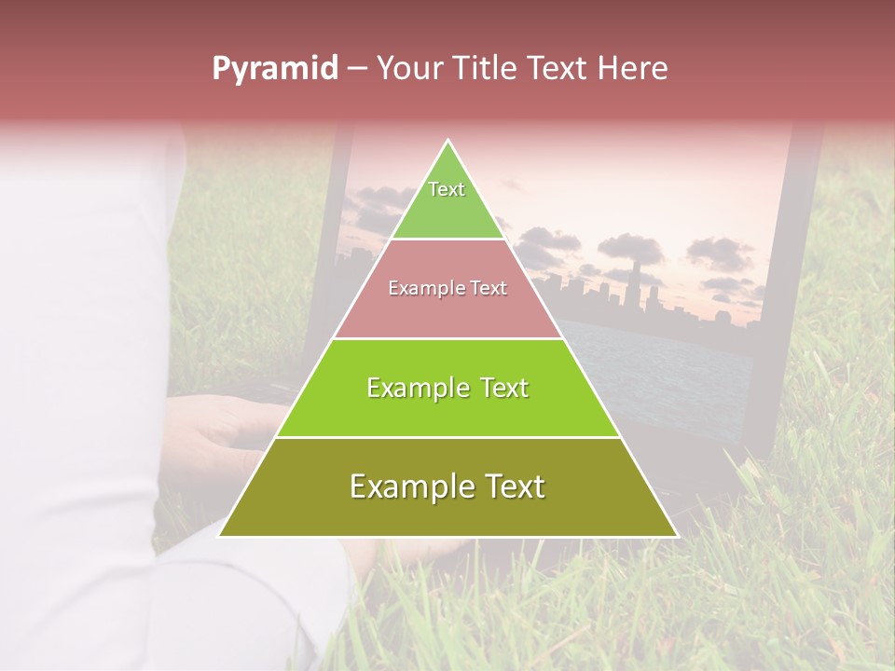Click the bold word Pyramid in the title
274,69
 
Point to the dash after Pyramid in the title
356,69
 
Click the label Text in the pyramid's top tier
447,189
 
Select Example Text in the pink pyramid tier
447,288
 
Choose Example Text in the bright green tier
447,388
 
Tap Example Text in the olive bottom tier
447,486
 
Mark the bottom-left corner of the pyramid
219,536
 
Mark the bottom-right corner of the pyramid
677,536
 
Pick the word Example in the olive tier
410,486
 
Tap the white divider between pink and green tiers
447,338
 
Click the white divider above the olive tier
447,437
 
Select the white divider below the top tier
447,240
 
